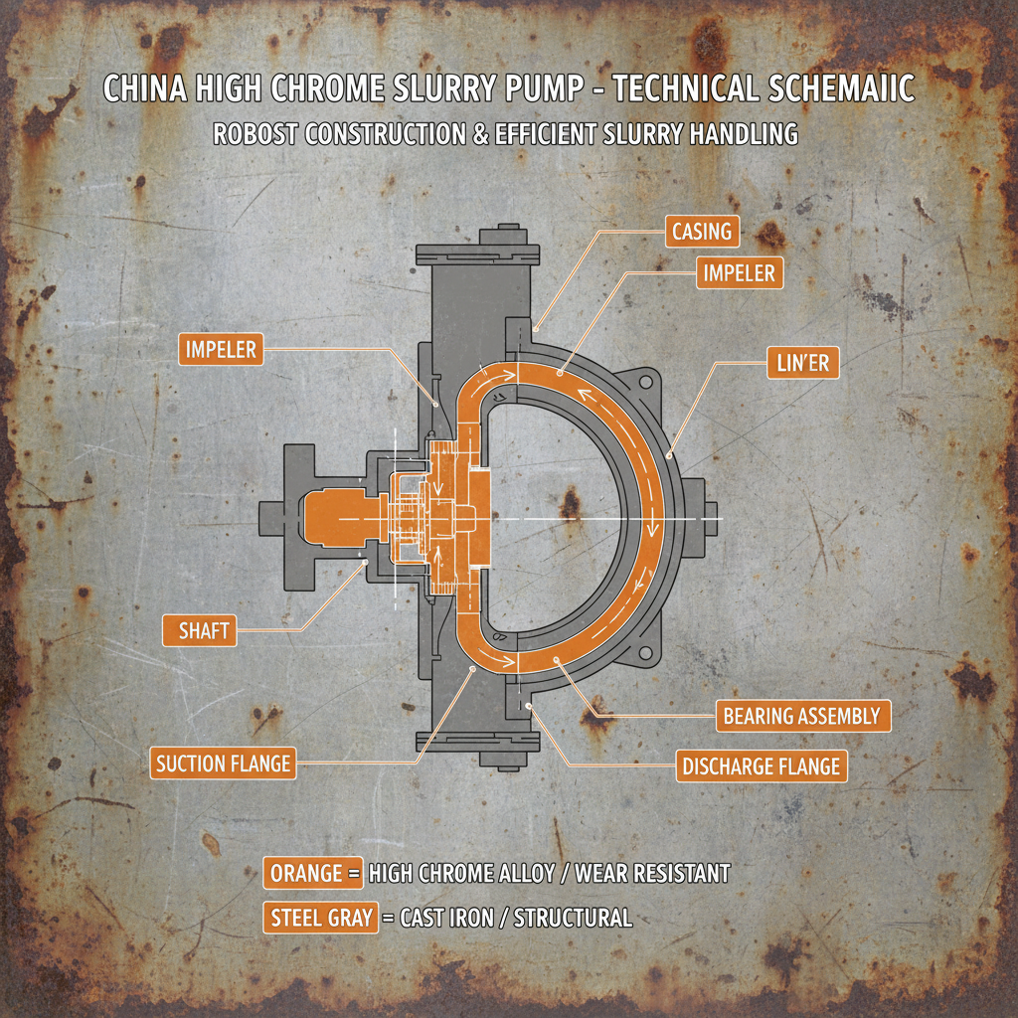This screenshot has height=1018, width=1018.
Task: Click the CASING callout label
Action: [x=702, y=234]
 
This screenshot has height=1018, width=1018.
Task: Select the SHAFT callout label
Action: [x=199, y=630]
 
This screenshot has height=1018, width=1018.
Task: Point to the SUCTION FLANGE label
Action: [x=223, y=763]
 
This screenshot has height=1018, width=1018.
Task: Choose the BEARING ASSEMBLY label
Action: [x=801, y=716]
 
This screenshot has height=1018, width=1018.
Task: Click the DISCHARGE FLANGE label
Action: [x=762, y=767]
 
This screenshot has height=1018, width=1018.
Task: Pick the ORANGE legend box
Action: [x=306, y=874]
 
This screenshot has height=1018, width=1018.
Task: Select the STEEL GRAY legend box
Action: [x=320, y=918]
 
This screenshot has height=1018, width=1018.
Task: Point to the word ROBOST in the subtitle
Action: [x=255, y=134]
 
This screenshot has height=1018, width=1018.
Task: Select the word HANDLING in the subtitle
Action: [x=742, y=134]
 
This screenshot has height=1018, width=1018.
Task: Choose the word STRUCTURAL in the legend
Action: [x=571, y=918]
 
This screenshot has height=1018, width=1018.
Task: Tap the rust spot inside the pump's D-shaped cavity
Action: [x=570, y=502]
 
